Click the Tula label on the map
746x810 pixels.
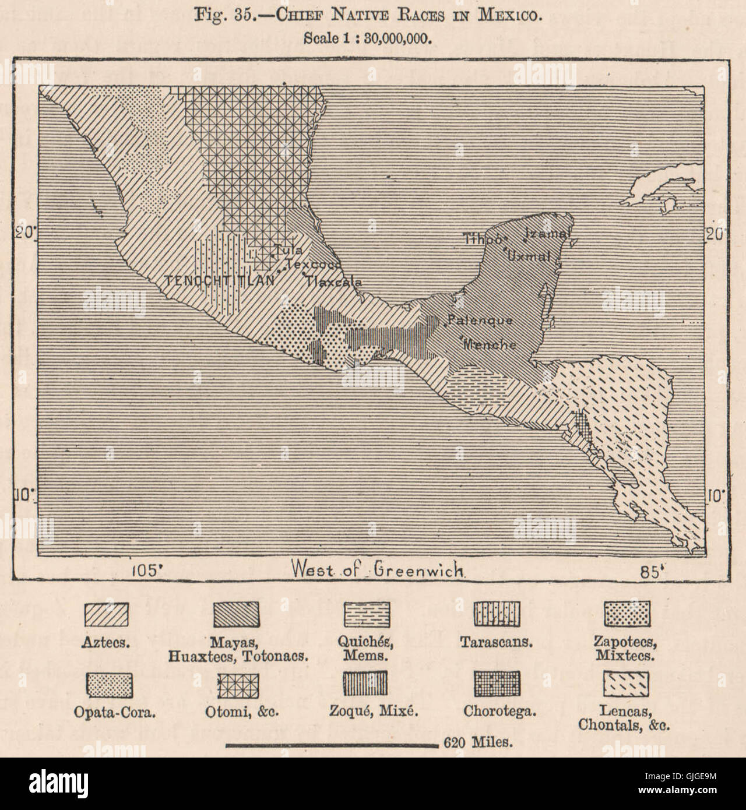pos(288,251)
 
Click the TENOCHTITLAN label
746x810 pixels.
pos(220,280)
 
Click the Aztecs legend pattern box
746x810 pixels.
pos(107,614)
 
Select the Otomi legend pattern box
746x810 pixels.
pos(238,685)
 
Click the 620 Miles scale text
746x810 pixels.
pos(478,742)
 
